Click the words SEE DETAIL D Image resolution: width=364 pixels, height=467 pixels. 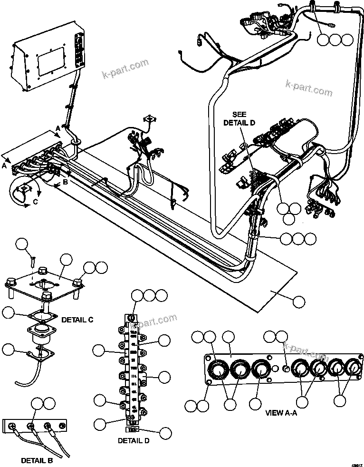(x=239, y=118)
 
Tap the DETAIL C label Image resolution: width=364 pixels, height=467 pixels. (x=77, y=320)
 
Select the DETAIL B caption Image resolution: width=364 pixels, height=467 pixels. (x=37, y=460)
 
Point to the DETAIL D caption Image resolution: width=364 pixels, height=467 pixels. (x=134, y=441)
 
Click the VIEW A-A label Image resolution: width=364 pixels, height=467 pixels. (x=281, y=413)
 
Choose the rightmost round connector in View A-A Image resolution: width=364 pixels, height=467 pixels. (x=353, y=368)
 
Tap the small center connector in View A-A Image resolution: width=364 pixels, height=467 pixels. (x=286, y=368)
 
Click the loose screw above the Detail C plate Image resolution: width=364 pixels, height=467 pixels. (x=32, y=261)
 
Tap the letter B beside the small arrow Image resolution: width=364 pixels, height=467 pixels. (x=65, y=182)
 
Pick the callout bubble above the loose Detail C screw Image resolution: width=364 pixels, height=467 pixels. (x=22, y=245)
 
